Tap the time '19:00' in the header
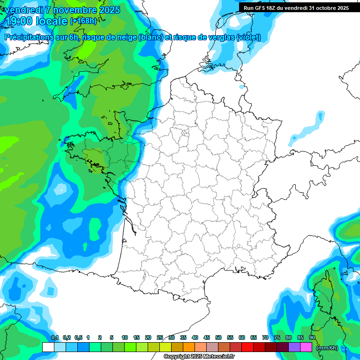tap(21, 21)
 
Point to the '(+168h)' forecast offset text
tap(83, 21)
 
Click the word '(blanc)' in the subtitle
tap(150, 37)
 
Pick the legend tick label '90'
tap(312, 337)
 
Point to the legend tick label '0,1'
tap(54, 337)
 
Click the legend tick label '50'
tap(218, 337)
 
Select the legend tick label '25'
tap(160, 337)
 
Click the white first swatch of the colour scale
tap(48, 347)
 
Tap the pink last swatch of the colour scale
tap(306, 347)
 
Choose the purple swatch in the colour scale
tap(294, 347)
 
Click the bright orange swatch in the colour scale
tap(189, 347)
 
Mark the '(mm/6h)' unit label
tap(327, 348)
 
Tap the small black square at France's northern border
tap(241, 87)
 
